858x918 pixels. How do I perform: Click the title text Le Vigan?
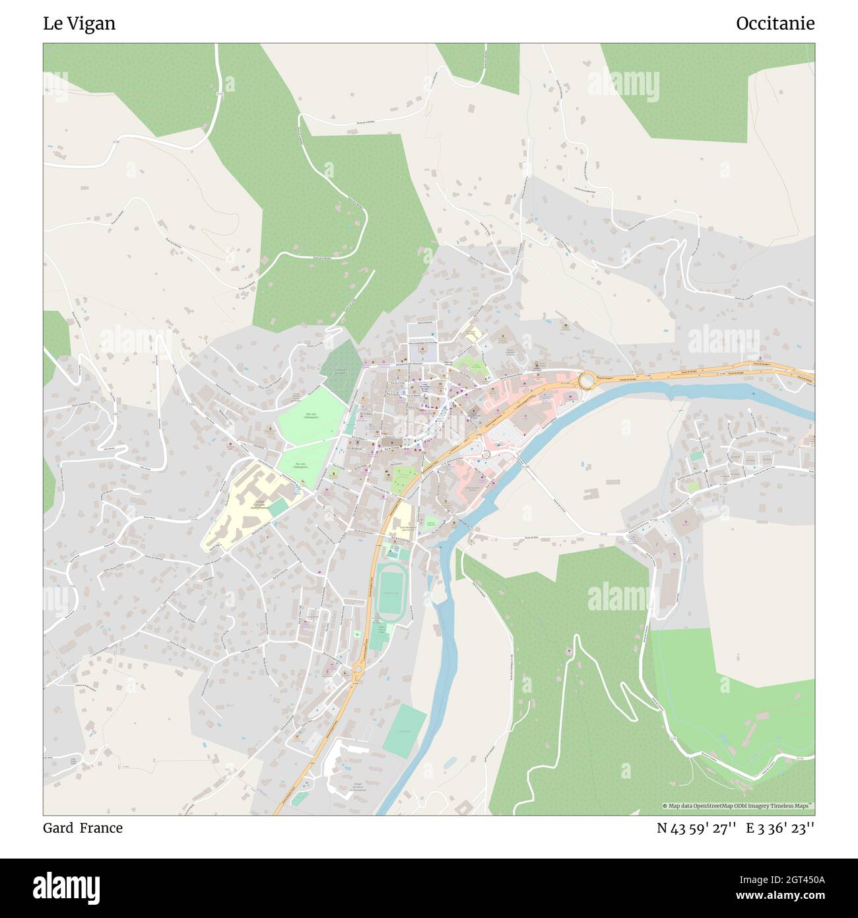point(79,24)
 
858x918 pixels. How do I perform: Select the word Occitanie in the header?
point(775,24)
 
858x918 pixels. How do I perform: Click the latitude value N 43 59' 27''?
point(696,828)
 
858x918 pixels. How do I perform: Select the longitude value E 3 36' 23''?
point(780,828)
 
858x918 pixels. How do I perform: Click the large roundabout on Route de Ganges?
point(585,381)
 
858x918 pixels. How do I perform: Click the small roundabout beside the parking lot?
point(486,454)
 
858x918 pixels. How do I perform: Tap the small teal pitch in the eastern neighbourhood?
point(696,456)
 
